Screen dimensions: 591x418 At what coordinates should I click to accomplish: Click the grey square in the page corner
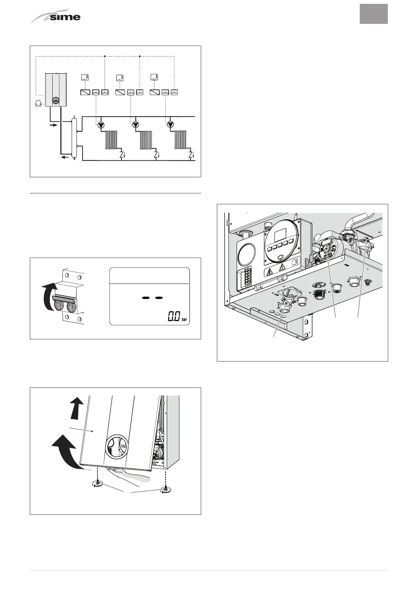pos(373,14)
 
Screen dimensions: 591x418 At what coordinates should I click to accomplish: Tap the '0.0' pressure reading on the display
pos(174,317)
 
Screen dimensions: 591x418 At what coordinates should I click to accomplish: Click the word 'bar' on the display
pos(185,319)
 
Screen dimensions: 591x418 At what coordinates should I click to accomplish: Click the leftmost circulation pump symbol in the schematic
pos(101,125)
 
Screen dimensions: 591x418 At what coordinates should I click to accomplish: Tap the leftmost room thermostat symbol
pos(85,78)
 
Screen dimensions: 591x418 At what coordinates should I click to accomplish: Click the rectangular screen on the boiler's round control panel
pos(280,236)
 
